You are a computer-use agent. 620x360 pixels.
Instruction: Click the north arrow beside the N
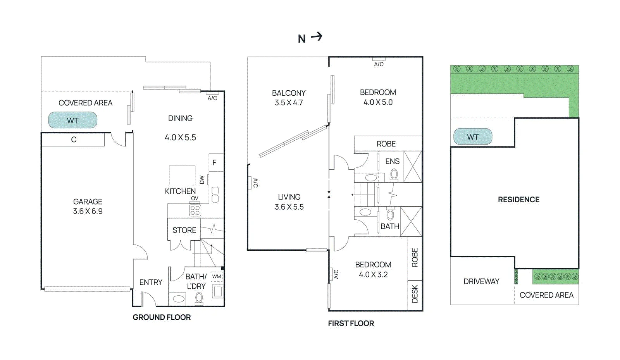[317, 36]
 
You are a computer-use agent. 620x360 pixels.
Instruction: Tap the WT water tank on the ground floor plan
[73, 120]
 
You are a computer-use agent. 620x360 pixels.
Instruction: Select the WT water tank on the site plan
[473, 137]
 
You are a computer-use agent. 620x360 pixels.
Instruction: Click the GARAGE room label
[88, 202]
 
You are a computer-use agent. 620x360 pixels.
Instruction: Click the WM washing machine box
[217, 276]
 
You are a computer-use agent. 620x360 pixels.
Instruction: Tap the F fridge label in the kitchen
[214, 162]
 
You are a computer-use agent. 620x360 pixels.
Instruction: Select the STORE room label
[184, 230]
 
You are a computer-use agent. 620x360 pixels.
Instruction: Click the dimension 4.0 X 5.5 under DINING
[180, 138]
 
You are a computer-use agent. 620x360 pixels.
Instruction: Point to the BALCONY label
[289, 93]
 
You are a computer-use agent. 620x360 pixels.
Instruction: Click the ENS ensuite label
[393, 161]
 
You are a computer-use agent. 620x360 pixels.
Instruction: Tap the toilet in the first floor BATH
[390, 214]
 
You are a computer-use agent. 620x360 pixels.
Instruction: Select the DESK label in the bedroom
[415, 294]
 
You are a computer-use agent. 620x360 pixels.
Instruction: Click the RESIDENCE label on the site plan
[519, 200]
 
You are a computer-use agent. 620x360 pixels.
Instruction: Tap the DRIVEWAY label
[481, 281]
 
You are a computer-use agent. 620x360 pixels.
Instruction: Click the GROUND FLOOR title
[162, 317]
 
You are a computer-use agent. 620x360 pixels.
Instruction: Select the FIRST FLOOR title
[351, 323]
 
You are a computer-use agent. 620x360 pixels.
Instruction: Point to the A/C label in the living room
[255, 183]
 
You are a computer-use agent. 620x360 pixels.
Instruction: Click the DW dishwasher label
[202, 179]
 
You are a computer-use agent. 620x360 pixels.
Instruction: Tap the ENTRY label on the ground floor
[151, 282]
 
